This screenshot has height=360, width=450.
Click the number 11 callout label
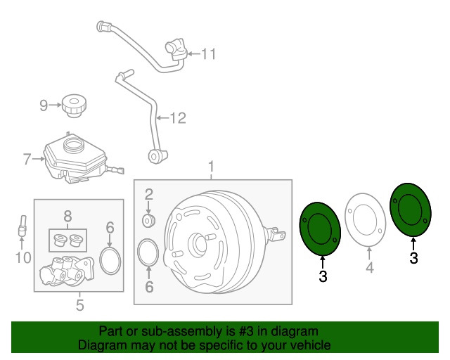click(208, 53)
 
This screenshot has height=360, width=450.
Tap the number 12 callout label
click(178, 117)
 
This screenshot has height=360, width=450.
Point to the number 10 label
click(23, 257)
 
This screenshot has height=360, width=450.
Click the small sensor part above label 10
click(22, 226)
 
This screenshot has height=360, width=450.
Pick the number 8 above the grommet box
click(67, 216)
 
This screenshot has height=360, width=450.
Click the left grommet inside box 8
click(59, 240)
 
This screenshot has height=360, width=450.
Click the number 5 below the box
click(80, 305)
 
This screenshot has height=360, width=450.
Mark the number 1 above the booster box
click(211, 167)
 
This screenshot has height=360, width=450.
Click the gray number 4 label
click(370, 268)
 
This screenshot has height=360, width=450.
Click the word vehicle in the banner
click(312, 345)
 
